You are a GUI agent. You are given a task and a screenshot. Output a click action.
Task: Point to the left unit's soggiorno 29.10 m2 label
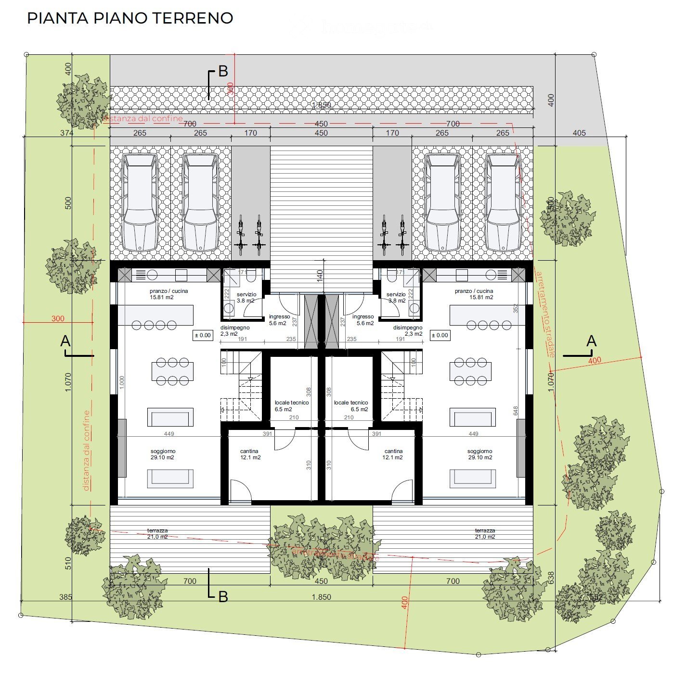tap(163, 454)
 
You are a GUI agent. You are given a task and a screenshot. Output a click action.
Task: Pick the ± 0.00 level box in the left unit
tap(203, 335)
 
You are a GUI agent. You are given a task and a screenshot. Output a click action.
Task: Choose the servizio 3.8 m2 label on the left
tap(246, 297)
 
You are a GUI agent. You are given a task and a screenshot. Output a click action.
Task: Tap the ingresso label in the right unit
tap(363, 320)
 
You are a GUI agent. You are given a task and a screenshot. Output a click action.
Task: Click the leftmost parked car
tap(140, 202)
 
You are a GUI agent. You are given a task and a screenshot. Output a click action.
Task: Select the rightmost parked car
tap(503, 202)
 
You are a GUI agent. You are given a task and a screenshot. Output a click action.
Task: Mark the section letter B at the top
tap(223, 71)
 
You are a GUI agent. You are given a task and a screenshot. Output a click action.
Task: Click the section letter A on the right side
tap(592, 341)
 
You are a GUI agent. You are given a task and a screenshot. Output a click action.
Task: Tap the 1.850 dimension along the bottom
tap(321, 597)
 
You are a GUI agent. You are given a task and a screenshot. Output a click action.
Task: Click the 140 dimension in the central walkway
tap(320, 277)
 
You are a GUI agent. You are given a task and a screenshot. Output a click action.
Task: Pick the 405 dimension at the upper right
tap(579, 133)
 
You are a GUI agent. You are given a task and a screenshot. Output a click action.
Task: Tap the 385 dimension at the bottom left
tap(65, 597)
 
